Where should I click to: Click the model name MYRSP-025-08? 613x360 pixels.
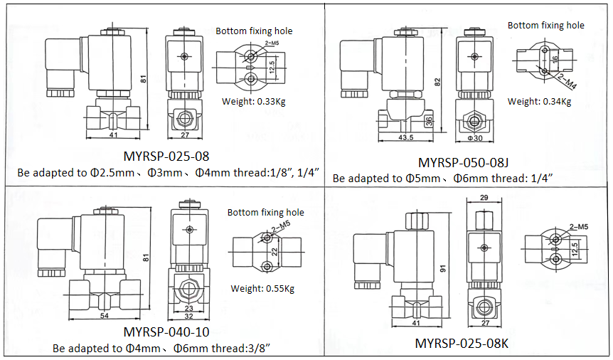point(166,156)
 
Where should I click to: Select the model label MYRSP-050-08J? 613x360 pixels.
point(471,162)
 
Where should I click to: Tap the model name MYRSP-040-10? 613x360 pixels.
point(166,332)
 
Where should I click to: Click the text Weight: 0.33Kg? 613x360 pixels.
point(254,101)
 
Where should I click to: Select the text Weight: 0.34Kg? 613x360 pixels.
point(539,101)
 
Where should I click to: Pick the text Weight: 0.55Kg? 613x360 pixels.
point(262,288)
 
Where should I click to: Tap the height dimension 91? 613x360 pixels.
point(444,269)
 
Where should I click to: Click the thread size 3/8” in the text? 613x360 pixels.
point(254,349)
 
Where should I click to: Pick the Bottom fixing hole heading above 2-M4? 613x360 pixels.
point(545,25)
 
